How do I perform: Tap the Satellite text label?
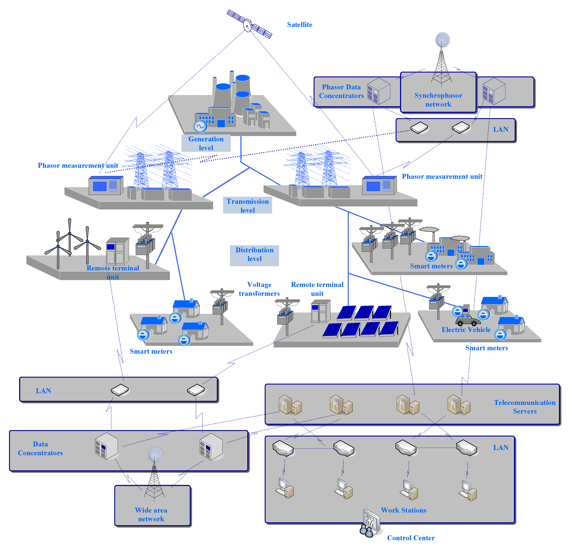point(299,25)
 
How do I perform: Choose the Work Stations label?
point(403,510)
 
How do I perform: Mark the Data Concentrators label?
point(40,448)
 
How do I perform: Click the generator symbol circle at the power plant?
point(200,126)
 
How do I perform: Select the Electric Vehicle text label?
point(466,330)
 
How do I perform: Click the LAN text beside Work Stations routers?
point(501,447)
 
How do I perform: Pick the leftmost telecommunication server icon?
point(290,405)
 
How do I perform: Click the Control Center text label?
point(411,538)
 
